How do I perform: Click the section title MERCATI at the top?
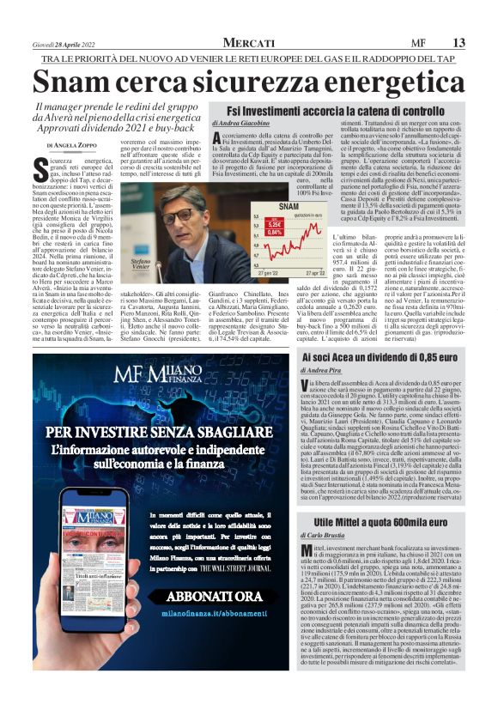click(249, 43)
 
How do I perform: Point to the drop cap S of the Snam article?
click(42, 165)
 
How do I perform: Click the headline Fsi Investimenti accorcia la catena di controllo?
click(335, 112)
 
